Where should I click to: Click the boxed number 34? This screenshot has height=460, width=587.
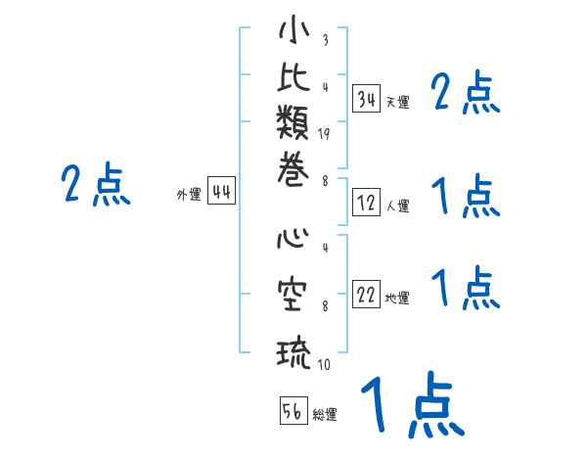(x=367, y=99)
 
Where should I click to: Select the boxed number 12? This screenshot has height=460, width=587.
(x=367, y=204)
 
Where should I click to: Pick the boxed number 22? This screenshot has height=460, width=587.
(x=367, y=296)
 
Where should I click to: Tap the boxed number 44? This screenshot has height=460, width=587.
(x=221, y=193)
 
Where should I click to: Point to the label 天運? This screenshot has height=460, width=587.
(x=397, y=102)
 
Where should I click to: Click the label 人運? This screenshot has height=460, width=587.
(x=397, y=207)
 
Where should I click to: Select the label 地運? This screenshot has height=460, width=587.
(x=397, y=299)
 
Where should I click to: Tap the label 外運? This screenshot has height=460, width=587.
(x=189, y=195)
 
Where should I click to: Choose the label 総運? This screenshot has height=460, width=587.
(x=325, y=415)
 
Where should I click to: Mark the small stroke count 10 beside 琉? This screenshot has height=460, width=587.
(x=324, y=365)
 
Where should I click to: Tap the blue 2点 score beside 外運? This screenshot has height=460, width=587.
(x=96, y=186)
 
